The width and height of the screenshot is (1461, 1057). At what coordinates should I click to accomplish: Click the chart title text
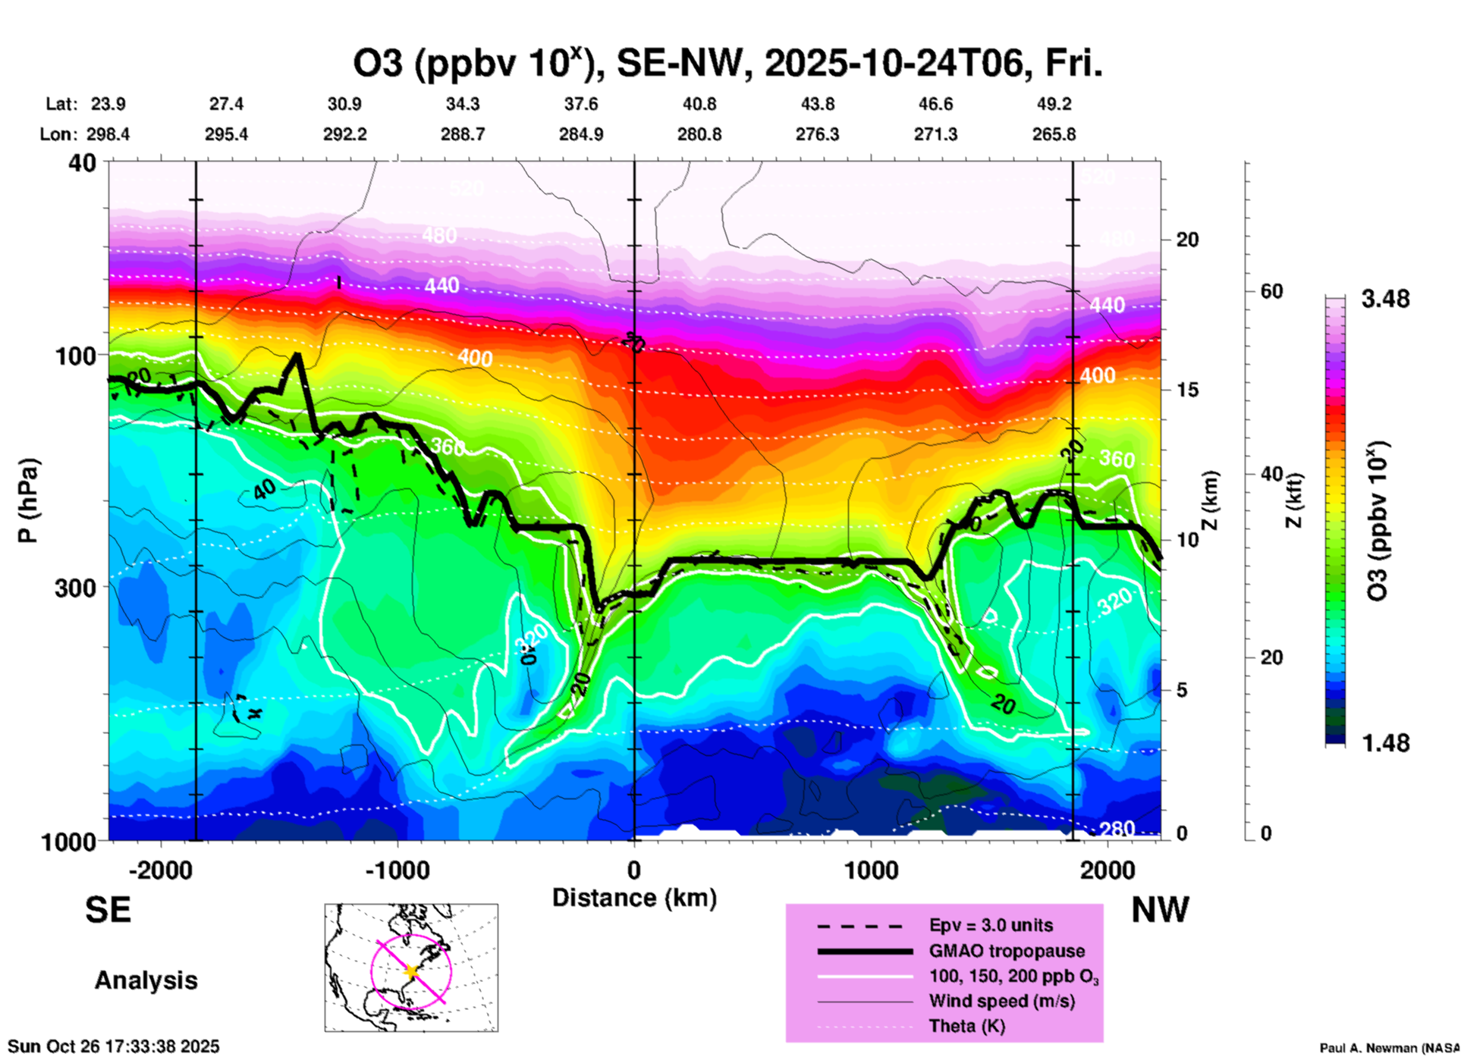[x=727, y=63]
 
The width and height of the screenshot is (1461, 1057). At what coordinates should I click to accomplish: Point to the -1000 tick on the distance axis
[x=397, y=870]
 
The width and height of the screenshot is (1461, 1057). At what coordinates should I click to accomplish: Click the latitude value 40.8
[x=699, y=104]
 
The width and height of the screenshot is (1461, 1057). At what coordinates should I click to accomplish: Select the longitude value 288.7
[x=463, y=134]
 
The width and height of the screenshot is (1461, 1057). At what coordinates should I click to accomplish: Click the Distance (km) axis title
[x=634, y=898]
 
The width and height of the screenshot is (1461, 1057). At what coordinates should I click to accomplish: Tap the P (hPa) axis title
[x=28, y=500]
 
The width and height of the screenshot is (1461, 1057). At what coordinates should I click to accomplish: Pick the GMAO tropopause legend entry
[x=1007, y=951]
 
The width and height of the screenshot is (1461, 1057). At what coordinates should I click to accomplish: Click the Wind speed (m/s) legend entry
[x=1001, y=1001]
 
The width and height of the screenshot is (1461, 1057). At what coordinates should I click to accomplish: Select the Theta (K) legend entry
[x=966, y=1026]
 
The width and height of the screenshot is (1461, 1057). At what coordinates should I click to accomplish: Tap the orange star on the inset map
[x=412, y=971]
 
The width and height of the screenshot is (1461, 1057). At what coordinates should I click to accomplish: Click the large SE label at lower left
[x=108, y=910]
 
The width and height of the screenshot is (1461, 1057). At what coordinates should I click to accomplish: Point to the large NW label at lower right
[x=1160, y=910]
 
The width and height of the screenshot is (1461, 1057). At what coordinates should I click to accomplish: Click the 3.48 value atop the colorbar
[x=1385, y=300]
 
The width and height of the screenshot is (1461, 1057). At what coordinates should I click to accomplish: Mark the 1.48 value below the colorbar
[x=1385, y=743]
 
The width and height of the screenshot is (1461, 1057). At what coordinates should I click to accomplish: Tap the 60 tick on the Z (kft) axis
[x=1271, y=292]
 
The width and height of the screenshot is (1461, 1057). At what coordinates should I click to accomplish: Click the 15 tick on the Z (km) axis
[x=1187, y=390]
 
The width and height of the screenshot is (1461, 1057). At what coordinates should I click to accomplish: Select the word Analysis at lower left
[x=146, y=980]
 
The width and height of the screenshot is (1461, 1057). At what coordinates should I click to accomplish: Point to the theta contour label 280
[x=1117, y=829]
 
